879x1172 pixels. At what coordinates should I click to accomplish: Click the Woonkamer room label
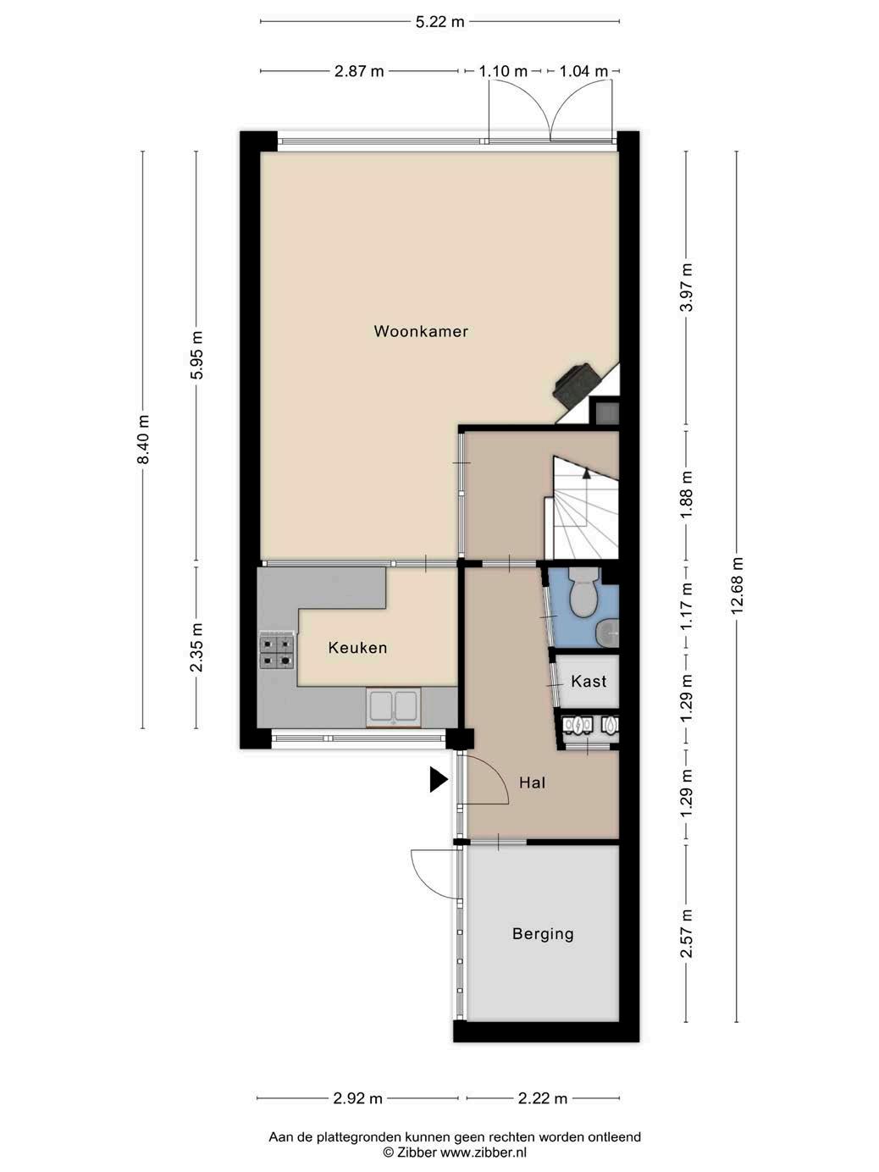tap(421, 331)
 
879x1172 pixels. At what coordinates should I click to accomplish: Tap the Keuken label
tap(357, 648)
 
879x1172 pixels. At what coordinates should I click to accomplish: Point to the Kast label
tap(589, 682)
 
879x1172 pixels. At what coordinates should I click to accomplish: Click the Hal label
tap(532, 782)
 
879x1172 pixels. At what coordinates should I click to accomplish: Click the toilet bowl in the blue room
tap(583, 591)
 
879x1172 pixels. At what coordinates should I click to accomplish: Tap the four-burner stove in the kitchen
tap(277, 650)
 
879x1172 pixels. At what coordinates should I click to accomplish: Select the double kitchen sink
tap(393, 707)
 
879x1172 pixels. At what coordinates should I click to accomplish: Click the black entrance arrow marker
tap(439, 780)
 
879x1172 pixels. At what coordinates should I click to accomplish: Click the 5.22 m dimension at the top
tap(439, 22)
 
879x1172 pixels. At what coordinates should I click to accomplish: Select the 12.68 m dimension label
tap(737, 586)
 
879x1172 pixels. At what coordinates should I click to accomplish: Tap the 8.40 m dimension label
tap(142, 439)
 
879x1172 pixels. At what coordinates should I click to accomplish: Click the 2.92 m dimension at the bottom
tap(357, 1098)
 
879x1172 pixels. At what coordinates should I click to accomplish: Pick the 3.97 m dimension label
tap(687, 287)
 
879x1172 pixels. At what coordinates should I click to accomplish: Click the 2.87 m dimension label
tap(359, 71)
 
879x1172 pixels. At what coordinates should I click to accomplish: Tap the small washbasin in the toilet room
tap(607, 633)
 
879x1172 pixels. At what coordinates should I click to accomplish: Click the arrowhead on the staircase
tap(587, 473)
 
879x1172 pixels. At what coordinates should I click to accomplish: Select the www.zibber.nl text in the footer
tap(483, 1153)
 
